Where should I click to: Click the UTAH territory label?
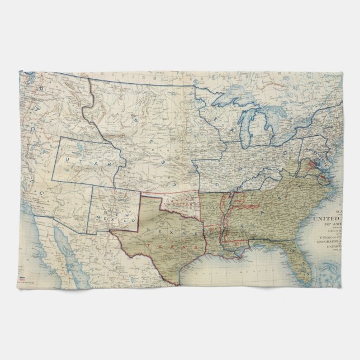click(84, 160)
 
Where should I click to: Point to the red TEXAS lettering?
click(168, 245)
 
